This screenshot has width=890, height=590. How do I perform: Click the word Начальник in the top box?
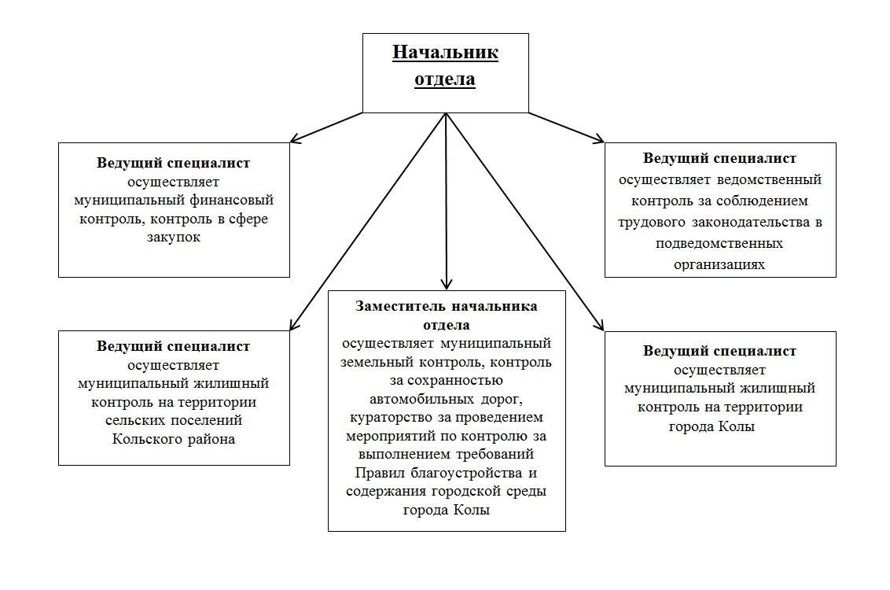(x=446, y=52)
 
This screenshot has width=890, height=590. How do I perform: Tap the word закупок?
(x=174, y=238)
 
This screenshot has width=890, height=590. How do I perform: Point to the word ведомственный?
(x=769, y=179)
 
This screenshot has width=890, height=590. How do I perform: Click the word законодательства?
(x=751, y=222)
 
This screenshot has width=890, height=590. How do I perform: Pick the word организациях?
(x=719, y=264)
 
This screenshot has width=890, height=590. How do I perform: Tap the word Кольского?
(x=145, y=439)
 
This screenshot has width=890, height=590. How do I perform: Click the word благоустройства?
(x=466, y=473)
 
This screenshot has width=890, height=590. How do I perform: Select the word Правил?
(x=380, y=473)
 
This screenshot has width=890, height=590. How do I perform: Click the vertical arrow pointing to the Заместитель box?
(x=446, y=201)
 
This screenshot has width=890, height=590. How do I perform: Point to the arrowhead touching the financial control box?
(x=295, y=138)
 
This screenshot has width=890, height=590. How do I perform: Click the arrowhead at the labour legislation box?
(x=598, y=138)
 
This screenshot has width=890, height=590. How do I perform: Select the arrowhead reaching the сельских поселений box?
(x=294, y=323)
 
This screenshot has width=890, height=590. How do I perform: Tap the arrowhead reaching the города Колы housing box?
(x=599, y=324)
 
